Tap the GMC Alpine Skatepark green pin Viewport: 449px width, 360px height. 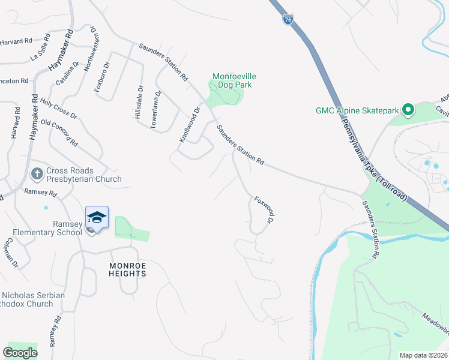408,110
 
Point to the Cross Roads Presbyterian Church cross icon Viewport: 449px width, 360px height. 36,174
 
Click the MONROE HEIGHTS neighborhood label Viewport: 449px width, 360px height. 127,269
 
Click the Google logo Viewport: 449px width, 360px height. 20,353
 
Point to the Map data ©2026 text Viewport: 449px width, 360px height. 423,355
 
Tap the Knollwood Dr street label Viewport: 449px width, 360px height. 188,125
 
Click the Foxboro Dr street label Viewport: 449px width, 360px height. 102,77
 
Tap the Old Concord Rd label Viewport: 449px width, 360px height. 59,133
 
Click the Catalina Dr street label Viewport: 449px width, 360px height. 69,75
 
